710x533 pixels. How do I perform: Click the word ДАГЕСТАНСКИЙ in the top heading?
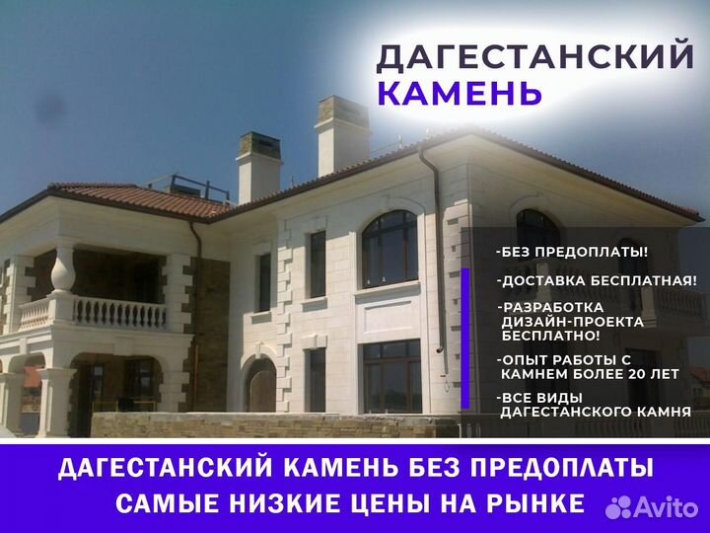tap(534, 56)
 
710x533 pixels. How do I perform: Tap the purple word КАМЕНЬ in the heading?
tap(460, 93)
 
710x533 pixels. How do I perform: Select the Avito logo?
tap(652, 507)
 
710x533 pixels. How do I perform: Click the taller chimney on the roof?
tap(343, 135)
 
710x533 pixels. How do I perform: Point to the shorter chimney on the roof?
tap(258, 168)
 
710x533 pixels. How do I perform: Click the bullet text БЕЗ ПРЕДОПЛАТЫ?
tap(572, 252)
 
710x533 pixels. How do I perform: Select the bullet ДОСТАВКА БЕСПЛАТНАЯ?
tap(597, 280)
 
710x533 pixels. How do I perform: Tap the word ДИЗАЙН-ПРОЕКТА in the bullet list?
tap(572, 322)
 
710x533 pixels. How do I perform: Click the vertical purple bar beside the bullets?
tap(465, 339)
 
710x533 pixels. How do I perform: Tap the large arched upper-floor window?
tap(390, 250)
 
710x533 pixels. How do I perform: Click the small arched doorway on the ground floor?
tap(260, 384)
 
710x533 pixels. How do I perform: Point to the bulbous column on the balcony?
tap(63, 271)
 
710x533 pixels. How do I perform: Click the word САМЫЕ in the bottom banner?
tap(167, 502)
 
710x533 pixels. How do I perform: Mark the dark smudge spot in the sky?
tap(50, 109)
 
